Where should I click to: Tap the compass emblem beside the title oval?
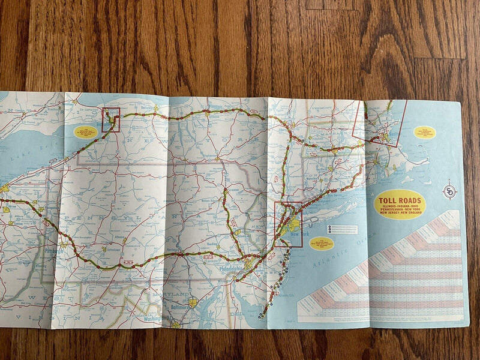coord(449,192)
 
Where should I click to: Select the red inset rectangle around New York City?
coord(288,225)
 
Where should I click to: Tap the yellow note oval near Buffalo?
coord(85,131)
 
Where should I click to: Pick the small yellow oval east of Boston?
coord(425,131)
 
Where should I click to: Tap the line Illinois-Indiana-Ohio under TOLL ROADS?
coord(400,207)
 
